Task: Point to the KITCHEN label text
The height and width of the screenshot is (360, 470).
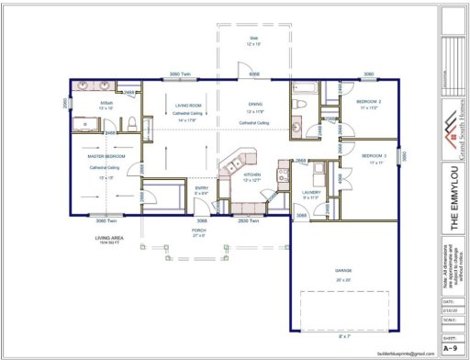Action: [252, 174]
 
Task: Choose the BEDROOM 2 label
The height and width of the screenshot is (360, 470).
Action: [369, 101]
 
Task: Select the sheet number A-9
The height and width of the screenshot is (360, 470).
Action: [450, 348]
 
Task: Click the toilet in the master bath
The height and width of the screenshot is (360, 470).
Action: [134, 122]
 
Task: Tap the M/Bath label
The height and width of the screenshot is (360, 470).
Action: [106, 103]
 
